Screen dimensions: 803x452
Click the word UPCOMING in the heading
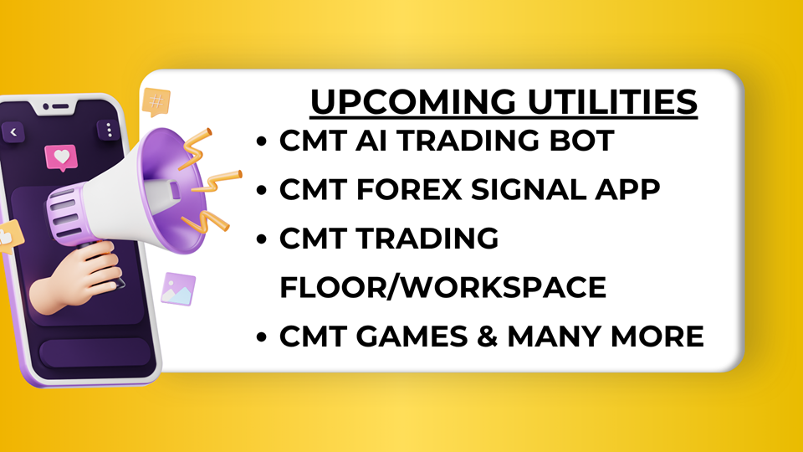click(x=413, y=101)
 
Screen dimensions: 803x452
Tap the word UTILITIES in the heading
click(x=612, y=101)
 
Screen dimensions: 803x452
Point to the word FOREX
click(x=409, y=190)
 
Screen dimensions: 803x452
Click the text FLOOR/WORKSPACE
click(x=443, y=287)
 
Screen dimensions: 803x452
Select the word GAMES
click(x=412, y=336)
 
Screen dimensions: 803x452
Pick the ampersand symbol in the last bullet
click(x=487, y=336)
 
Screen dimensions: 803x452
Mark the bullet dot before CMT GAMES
click(x=262, y=336)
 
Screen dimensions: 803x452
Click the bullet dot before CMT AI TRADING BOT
click(x=262, y=141)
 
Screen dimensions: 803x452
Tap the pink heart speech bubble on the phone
click(x=61, y=157)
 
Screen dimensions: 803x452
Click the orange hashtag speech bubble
click(x=156, y=101)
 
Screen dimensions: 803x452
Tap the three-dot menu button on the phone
click(x=109, y=131)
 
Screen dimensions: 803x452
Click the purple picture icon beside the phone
click(x=178, y=289)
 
